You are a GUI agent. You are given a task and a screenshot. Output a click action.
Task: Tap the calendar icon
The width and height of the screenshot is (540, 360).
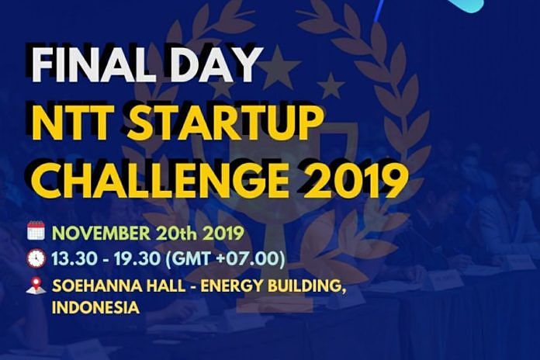click(36, 230)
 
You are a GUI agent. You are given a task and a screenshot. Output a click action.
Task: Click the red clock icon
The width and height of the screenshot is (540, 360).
click(36, 258)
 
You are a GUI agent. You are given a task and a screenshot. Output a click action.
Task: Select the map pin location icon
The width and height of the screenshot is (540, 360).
click(36, 286)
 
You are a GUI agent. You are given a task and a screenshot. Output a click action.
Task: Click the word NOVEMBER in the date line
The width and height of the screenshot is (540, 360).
click(101, 234)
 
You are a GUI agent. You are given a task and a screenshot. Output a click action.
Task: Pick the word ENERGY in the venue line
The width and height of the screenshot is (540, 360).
click(231, 286)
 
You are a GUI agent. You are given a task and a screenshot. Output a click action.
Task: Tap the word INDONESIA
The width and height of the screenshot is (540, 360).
click(95, 307)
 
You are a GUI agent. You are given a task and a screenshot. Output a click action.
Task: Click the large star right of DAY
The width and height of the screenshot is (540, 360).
click(279, 67)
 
